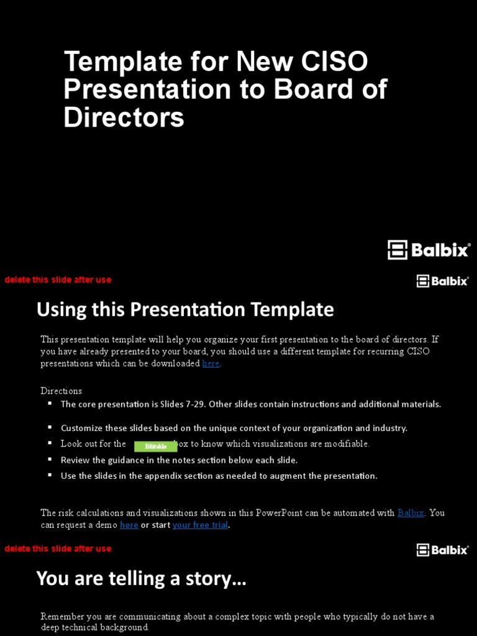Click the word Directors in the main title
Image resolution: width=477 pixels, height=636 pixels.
coord(124,117)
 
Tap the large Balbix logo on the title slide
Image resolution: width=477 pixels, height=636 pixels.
coord(429,250)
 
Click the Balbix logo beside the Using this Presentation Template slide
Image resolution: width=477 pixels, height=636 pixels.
coord(442,281)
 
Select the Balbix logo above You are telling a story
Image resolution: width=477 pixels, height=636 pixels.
coord(442,550)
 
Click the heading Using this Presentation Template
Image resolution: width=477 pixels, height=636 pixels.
coord(185,309)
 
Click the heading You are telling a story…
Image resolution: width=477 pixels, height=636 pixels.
coord(142,579)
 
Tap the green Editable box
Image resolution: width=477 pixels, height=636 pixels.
coord(155,446)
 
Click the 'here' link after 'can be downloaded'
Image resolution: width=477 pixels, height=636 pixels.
coord(211,363)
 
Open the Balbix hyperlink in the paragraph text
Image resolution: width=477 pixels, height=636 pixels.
coord(411,513)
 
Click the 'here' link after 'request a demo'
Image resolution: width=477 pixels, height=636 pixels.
coord(129,525)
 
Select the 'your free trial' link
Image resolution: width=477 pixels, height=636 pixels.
coord(200,525)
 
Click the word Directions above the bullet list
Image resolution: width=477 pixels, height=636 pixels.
coord(61,391)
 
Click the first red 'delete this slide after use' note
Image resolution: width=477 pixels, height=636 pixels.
coord(58,279)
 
